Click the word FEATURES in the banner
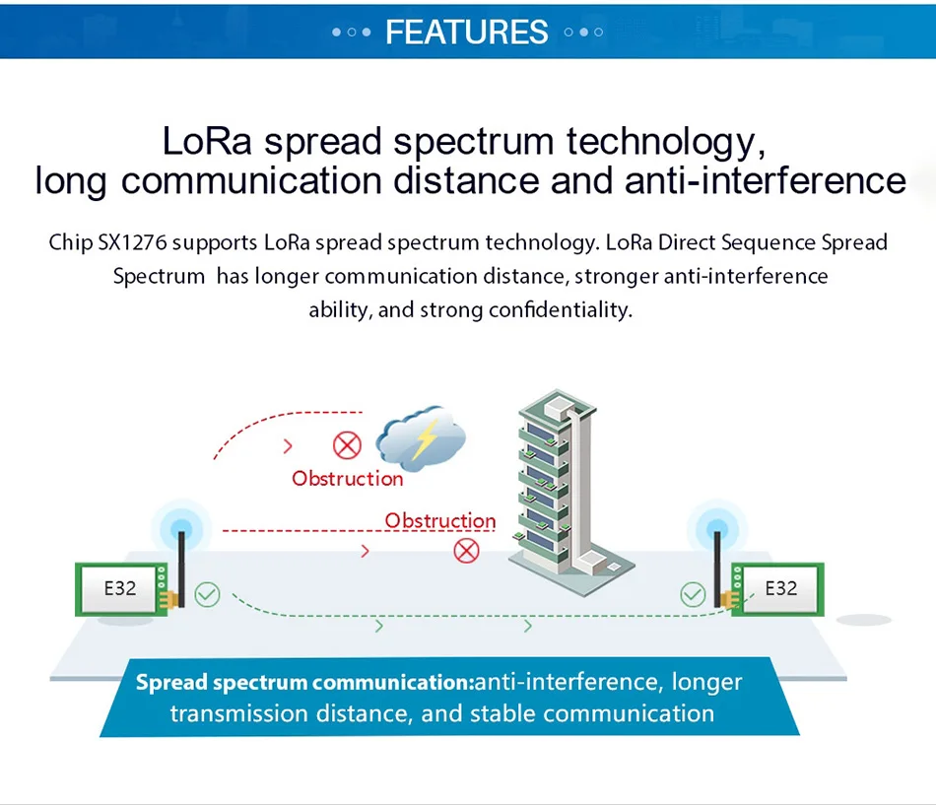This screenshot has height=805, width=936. coord(467,32)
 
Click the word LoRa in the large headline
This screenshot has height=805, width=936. coord(207,142)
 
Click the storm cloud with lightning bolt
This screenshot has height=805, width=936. coord(421,438)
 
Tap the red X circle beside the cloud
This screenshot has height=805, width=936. coord(347,445)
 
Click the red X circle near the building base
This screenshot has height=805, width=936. coord(466,551)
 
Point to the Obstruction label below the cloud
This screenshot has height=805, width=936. coord(348,478)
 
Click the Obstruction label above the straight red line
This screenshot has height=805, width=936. coord(440,520)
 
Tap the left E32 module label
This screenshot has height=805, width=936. coord(120,589)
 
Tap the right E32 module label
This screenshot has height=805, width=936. coord(780,589)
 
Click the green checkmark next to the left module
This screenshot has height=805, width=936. coord(207,595)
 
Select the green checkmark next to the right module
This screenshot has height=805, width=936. coord(693,595)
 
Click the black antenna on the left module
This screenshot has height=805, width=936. coord(181,570)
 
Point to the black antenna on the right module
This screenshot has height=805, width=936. coord(717,570)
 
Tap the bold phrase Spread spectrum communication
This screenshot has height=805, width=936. coord(305,683)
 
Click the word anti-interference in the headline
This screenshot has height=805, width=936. coord(766,181)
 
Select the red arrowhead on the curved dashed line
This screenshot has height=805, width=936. coord(289,445)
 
